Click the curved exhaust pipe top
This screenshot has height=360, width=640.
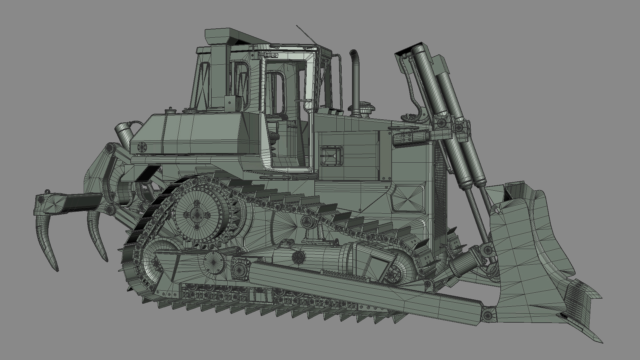click(354, 55)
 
